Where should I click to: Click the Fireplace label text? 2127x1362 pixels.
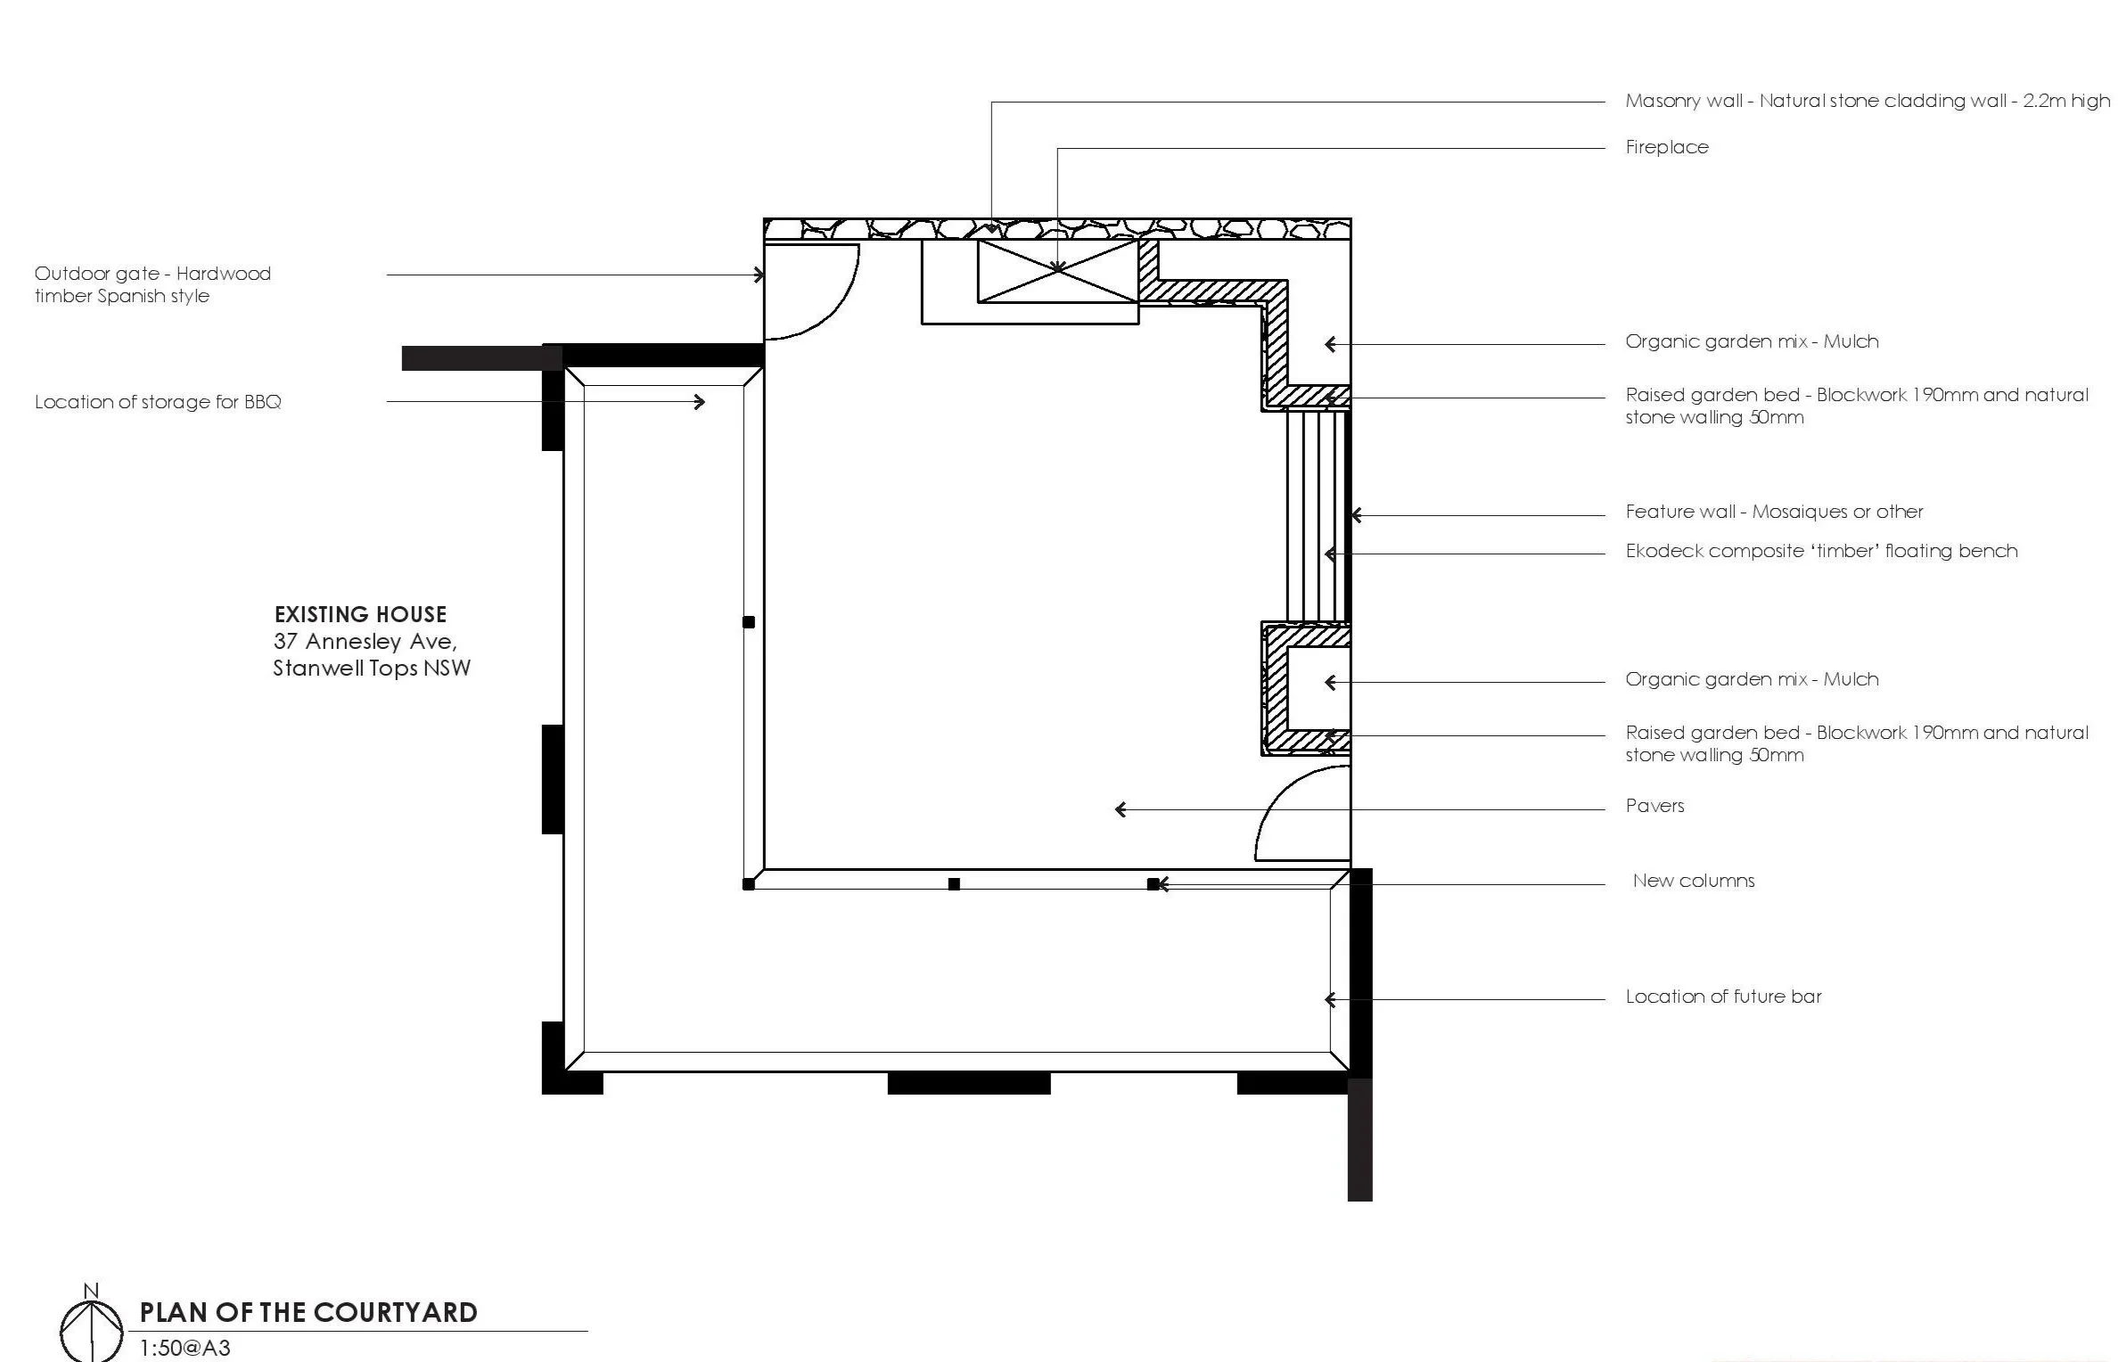point(1666,147)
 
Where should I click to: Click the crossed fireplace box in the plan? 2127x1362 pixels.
point(1057,271)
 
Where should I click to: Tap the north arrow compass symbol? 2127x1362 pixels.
point(91,1329)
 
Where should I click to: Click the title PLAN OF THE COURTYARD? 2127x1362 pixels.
point(308,1312)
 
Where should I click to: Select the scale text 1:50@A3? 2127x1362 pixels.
point(185,1348)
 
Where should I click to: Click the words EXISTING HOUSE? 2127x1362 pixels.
point(360,614)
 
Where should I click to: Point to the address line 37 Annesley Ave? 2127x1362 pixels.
point(365,641)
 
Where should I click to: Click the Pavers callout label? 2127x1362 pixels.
point(1655,806)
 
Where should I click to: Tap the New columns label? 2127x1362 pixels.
point(1693,881)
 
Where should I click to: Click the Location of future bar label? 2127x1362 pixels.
point(1722,997)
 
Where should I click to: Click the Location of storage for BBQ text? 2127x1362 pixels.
point(158,402)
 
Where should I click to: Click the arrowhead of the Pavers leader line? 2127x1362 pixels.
point(1121,809)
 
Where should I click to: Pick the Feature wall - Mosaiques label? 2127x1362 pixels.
point(1773,512)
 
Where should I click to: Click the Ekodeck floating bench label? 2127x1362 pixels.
point(1820,551)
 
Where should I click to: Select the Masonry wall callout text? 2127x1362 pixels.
point(1867,101)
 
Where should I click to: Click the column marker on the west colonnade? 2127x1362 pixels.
point(748,622)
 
